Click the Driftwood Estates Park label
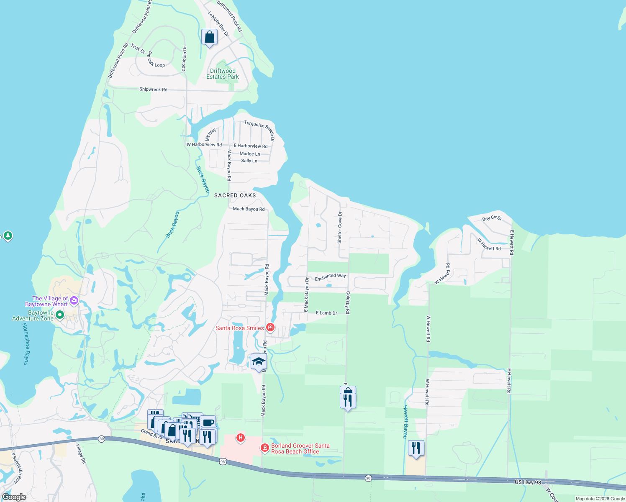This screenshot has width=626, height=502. (223, 74)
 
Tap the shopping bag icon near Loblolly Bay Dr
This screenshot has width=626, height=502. (209, 38)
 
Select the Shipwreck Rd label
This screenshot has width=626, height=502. (153, 90)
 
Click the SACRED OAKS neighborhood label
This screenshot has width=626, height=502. (235, 195)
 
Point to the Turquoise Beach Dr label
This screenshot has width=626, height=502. (260, 130)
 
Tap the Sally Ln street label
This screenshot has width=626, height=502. (249, 161)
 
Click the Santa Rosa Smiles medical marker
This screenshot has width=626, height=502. (270, 328)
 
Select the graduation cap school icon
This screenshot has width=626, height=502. (259, 361)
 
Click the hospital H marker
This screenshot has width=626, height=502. (241, 438)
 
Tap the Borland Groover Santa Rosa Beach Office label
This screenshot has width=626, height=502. (300, 448)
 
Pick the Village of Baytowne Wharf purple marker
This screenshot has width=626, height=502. (74, 300)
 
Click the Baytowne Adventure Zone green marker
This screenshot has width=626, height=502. (59, 315)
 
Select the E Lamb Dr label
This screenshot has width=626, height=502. (326, 313)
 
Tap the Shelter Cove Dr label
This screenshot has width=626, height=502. (340, 228)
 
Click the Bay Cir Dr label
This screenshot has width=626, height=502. (492, 218)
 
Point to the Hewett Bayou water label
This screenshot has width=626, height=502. (405, 421)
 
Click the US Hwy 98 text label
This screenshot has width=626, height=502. (528, 482)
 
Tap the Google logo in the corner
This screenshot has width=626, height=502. (14, 497)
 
